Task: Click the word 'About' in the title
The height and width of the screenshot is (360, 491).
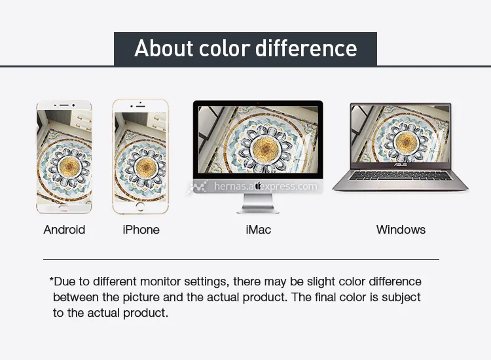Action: (x=164, y=48)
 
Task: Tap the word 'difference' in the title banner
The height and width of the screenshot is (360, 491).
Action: (x=306, y=48)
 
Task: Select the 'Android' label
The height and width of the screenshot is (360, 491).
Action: (x=64, y=230)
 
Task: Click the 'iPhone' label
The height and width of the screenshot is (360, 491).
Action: (x=141, y=230)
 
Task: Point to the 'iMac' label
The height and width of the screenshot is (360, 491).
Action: (x=259, y=230)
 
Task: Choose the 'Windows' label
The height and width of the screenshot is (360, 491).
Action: (x=401, y=230)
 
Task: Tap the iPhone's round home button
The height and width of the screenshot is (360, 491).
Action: (x=140, y=206)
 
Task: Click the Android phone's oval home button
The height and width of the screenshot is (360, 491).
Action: (x=64, y=208)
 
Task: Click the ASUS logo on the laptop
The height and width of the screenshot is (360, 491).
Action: (x=401, y=165)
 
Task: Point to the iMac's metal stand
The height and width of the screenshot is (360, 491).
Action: (x=258, y=204)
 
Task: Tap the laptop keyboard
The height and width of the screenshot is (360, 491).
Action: (x=401, y=175)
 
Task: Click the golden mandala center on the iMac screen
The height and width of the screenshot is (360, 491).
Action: (x=265, y=148)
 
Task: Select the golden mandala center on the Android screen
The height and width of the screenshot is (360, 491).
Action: (x=69, y=166)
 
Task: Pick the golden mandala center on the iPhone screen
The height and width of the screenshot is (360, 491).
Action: (x=145, y=168)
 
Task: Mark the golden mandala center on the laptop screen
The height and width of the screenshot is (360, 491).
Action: (x=406, y=142)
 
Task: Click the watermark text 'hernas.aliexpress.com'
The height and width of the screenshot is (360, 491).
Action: (x=266, y=187)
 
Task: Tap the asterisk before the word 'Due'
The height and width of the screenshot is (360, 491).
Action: (x=51, y=279)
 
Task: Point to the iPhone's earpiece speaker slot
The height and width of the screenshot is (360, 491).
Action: (x=141, y=107)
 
